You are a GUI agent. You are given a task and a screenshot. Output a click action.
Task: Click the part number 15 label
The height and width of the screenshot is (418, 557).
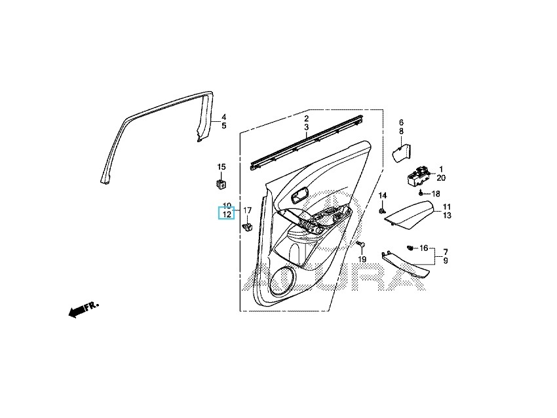pyautogui.click(x=221, y=167)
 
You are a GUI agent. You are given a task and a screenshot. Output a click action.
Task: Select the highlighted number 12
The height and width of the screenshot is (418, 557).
pyautogui.click(x=226, y=214)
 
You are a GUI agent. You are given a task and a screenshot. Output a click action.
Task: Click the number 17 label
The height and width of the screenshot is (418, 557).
pyautogui.click(x=248, y=210)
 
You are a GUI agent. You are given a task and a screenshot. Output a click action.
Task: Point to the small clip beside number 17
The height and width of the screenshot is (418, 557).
pyautogui.click(x=247, y=227)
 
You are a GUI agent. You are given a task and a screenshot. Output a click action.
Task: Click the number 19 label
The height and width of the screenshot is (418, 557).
pyautogui.click(x=362, y=259)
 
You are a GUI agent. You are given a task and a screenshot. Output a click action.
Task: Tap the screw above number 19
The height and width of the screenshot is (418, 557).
pyautogui.click(x=360, y=245)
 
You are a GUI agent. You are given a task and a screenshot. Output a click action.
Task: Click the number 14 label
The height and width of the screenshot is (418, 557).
pyautogui.click(x=383, y=196)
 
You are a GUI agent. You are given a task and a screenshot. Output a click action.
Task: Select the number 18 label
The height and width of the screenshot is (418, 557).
pyautogui.click(x=436, y=194)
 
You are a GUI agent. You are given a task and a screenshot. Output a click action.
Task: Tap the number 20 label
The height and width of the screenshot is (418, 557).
pyautogui.click(x=440, y=178)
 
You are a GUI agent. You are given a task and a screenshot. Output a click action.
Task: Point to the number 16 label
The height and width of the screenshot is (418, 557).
pyautogui.click(x=424, y=248)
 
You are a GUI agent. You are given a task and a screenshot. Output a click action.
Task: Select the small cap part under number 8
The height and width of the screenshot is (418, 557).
pyautogui.click(x=399, y=154)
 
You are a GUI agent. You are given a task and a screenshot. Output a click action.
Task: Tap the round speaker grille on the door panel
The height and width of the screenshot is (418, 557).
pyautogui.click(x=284, y=282)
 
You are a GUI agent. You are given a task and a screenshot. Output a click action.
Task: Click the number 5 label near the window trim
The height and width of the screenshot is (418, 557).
pyautogui.click(x=223, y=126)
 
